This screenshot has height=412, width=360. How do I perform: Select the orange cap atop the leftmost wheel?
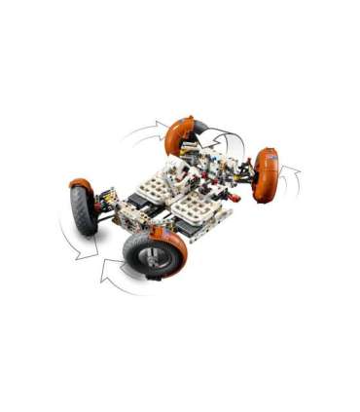pos(81,183)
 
